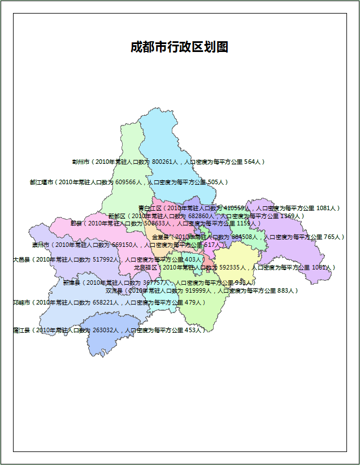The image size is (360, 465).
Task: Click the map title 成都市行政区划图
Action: [179, 47]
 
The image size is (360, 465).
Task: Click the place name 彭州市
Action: [81, 162]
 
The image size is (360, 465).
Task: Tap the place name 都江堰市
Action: [41, 182]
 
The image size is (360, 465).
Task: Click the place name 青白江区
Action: [150, 208]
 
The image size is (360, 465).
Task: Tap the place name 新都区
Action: [117, 216]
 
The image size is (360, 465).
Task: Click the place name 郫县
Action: [76, 223]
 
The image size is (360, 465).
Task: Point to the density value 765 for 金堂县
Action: [331, 237]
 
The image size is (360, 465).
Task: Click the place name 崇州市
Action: [41, 245]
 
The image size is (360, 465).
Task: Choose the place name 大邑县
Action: [21, 260]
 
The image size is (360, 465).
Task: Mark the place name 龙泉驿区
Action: [145, 267]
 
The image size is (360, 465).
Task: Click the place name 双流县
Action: [114, 290]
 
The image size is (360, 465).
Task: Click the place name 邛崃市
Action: [22, 303]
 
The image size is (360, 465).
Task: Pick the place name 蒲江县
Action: [21, 330]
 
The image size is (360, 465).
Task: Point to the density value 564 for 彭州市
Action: [251, 162]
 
